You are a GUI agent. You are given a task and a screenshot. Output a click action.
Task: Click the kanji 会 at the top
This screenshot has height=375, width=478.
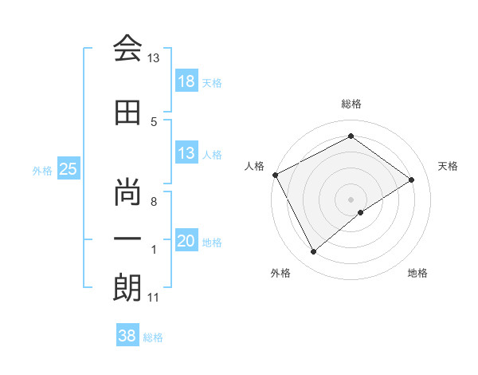(127, 49)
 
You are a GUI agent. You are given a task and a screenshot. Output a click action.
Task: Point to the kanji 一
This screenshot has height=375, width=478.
(127, 239)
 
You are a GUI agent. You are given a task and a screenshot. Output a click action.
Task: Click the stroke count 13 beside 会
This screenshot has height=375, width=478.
(154, 58)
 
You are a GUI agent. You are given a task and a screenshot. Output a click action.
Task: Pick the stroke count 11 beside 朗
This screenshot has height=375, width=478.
(154, 298)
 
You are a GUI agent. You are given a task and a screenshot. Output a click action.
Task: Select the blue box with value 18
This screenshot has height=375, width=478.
(186, 81)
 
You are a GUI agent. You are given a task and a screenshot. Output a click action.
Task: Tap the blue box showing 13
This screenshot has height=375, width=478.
(186, 153)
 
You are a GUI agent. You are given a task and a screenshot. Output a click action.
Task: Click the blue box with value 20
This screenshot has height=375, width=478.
(186, 241)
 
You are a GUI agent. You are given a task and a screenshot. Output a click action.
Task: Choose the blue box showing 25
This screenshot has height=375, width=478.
(68, 168)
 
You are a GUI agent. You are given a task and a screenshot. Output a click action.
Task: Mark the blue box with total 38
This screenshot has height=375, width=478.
(127, 336)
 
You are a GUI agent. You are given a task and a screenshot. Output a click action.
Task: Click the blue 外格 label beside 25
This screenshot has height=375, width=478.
(41, 170)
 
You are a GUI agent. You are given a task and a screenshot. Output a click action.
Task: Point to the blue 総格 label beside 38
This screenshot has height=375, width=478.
(153, 337)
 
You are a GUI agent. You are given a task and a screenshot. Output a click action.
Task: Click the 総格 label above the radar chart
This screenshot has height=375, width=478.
(351, 105)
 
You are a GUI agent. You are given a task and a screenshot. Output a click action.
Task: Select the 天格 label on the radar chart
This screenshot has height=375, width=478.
(448, 166)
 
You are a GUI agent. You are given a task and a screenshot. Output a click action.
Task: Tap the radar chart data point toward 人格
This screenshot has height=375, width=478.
(275, 175)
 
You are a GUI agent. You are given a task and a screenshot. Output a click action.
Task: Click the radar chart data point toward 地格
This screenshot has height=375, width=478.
(361, 212)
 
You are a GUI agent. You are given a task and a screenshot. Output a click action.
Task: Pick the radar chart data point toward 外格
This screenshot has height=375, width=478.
(313, 252)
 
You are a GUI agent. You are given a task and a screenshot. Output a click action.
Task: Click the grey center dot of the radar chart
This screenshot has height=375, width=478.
(351, 198)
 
